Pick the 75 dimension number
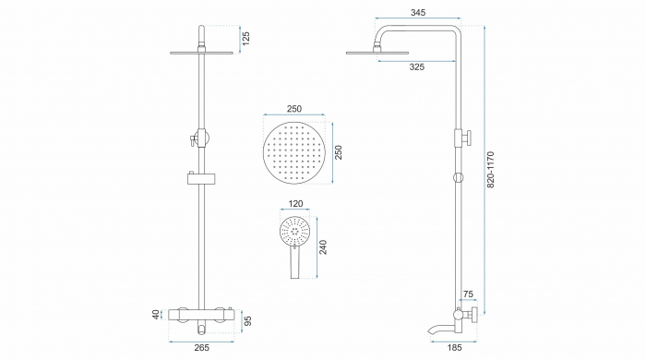point(468,294)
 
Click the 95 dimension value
point(247,321)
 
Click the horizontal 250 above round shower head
point(294,109)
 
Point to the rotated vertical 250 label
point(338,152)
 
